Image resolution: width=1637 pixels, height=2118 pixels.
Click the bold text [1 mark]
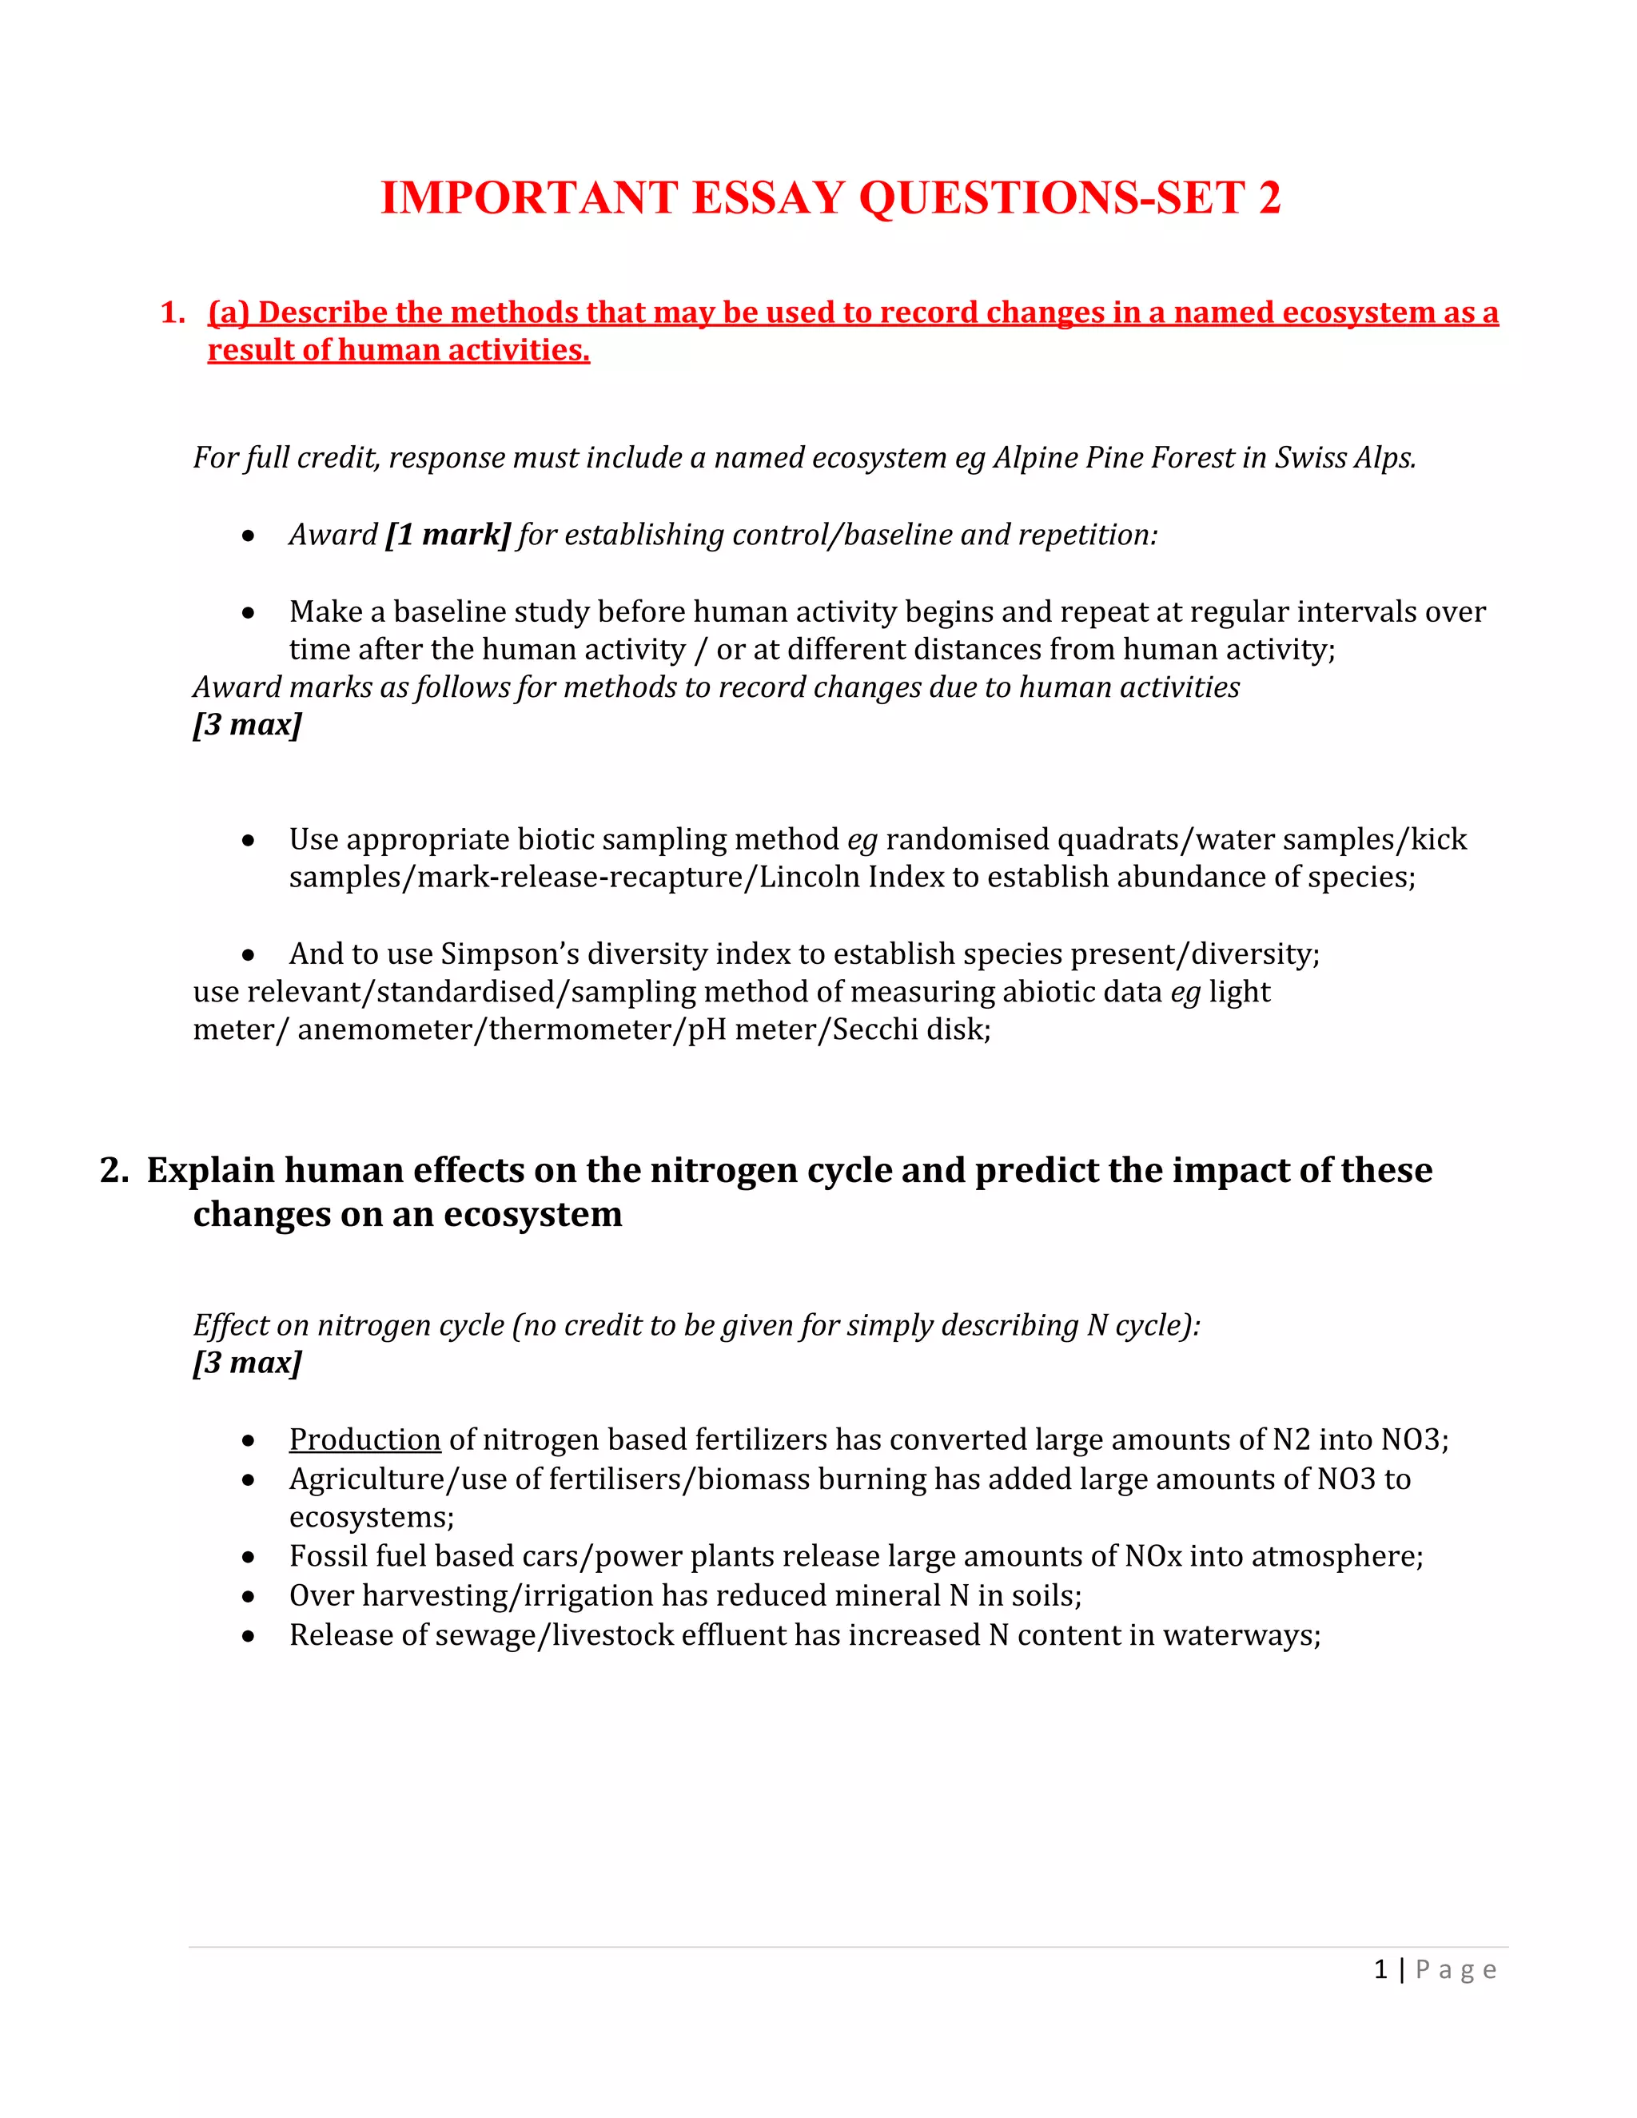pyautogui.click(x=447, y=535)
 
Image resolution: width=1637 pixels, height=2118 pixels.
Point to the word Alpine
pyautogui.click(x=1037, y=458)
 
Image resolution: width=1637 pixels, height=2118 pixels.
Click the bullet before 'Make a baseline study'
pyautogui.click(x=249, y=613)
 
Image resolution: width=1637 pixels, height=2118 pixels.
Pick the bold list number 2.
pyautogui.click(x=114, y=1171)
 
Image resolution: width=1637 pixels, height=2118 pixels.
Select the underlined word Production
pyautogui.click(x=364, y=1439)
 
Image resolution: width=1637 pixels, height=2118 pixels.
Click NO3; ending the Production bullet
pyautogui.click(x=1414, y=1439)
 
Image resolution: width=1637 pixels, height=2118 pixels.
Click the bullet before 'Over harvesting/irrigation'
pyautogui.click(x=249, y=1597)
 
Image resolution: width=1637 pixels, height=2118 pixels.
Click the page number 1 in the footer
pyautogui.click(x=1380, y=1969)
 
